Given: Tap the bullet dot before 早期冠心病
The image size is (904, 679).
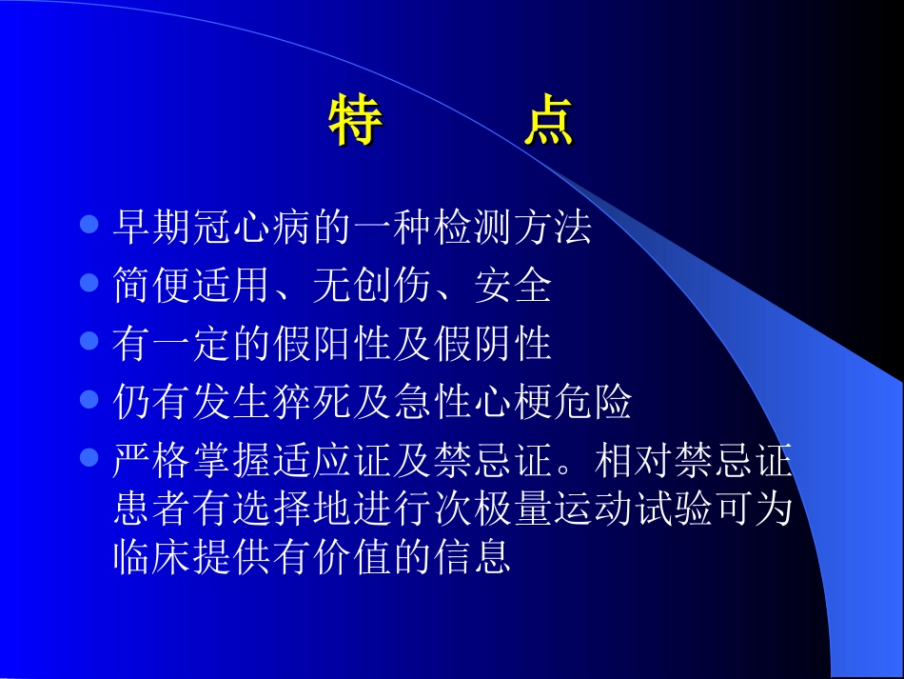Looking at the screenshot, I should click(x=89, y=225).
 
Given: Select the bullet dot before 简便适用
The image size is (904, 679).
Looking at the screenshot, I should click(x=89, y=283).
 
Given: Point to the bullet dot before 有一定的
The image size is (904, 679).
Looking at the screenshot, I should click(x=89, y=341).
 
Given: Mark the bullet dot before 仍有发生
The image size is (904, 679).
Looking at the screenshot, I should click(x=89, y=399).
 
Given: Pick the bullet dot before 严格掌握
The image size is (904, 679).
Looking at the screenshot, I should click(x=89, y=457).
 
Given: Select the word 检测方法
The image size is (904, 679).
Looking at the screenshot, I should click(x=512, y=229).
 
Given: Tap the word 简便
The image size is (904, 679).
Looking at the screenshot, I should click(x=151, y=287).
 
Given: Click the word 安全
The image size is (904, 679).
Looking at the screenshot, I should click(x=512, y=287).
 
